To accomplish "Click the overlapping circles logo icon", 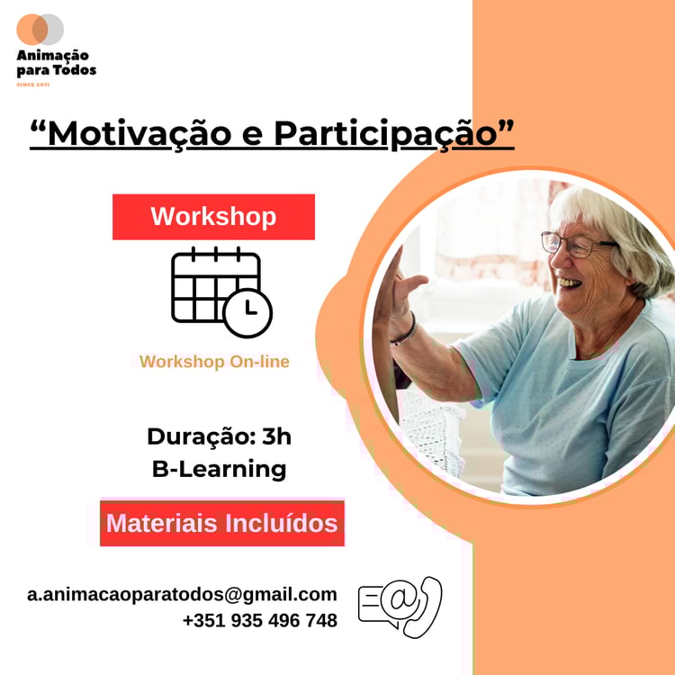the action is [40, 30].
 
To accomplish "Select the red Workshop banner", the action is [213, 217].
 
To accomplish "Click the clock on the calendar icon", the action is [248, 313].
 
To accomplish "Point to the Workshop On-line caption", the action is [214, 362].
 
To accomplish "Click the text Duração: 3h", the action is [219, 436].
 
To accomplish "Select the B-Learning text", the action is [219, 469].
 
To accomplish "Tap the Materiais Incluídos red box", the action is [222, 523].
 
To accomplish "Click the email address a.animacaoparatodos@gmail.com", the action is [182, 594].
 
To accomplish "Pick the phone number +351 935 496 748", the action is [260, 620].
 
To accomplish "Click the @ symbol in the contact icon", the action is [399, 599].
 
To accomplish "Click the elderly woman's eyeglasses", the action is [577, 245].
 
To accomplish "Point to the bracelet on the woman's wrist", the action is [405, 330].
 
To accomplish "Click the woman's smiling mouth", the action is [569, 283].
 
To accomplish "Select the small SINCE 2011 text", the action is [33, 85].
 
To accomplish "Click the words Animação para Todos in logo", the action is [57, 63].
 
